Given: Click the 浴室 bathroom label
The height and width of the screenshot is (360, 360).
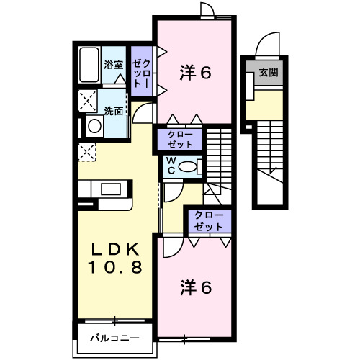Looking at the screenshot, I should (x=113, y=65).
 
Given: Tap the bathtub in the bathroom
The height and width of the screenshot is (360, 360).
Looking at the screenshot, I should (x=89, y=65).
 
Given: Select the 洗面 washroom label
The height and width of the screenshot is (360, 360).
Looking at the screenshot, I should (x=113, y=112).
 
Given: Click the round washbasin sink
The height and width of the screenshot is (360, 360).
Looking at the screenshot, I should (x=94, y=127).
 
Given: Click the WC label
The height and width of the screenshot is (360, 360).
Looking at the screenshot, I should (x=174, y=165).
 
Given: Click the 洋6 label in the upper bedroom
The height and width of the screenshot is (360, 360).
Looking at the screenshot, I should (x=194, y=72).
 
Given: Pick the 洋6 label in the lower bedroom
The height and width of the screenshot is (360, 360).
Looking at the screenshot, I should (x=194, y=287).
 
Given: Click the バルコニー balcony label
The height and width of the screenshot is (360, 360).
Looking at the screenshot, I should (x=115, y=338).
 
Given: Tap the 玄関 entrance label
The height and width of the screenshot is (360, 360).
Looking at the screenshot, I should (x=269, y=72).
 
